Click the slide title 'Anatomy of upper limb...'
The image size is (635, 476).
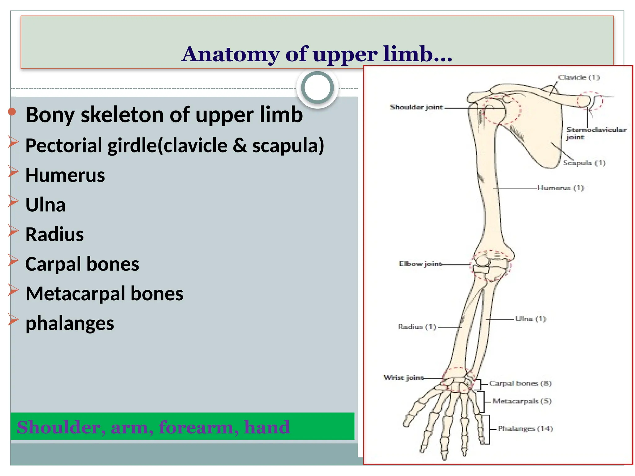(317, 54)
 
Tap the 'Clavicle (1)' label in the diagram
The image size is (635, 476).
(579, 77)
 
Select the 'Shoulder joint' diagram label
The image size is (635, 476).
(416, 107)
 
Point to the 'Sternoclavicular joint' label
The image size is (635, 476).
(596, 133)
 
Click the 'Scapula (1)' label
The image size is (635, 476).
(584, 163)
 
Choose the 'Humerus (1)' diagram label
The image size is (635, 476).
(560, 188)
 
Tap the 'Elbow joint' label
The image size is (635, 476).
(420, 264)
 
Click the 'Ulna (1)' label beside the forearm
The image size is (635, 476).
(530, 319)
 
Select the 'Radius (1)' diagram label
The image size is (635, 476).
(417, 327)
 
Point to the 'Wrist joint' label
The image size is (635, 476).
(403, 377)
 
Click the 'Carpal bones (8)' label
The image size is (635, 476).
(520, 383)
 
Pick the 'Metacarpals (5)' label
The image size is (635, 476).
(522, 401)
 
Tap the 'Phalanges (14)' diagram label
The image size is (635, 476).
(525, 429)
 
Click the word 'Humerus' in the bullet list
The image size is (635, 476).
(65, 175)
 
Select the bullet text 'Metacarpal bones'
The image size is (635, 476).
(104, 294)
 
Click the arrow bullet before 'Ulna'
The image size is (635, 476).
(13, 201)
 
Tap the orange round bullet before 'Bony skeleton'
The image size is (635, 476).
(12, 112)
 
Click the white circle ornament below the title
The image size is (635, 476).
(317, 88)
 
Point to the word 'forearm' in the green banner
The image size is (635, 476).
(198, 427)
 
